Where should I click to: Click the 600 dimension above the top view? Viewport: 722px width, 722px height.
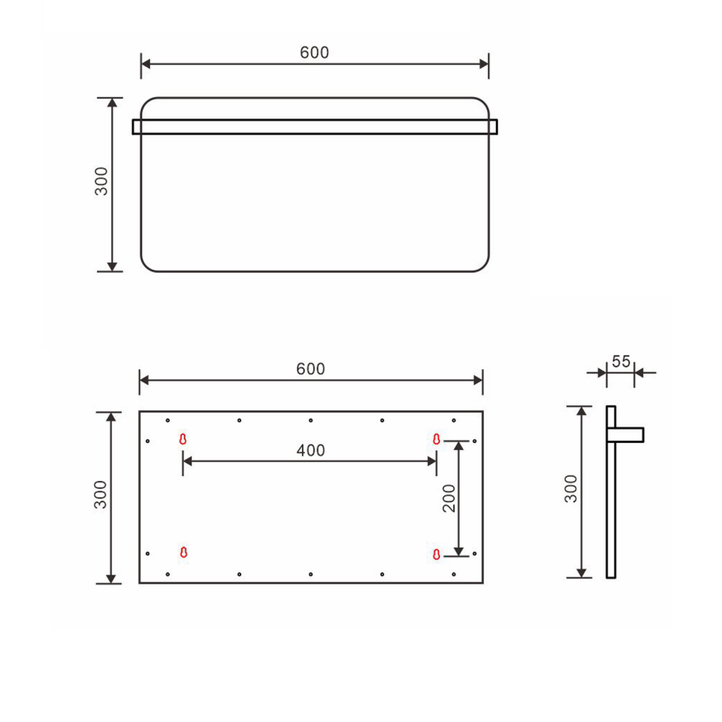pos(314,53)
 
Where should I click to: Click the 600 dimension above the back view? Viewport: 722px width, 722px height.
pos(311,369)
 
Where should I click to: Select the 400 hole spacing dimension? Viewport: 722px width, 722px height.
pos(311,451)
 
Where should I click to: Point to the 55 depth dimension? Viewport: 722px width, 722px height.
pos(620,362)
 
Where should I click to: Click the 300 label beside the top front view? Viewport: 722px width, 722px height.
pos(102,181)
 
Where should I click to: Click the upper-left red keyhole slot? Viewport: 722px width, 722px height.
pos(183,439)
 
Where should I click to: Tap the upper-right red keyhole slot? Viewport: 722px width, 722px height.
pos(436,439)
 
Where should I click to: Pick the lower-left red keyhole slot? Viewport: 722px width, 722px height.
pos(183,552)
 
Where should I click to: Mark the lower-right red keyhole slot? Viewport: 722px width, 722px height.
pos(436,553)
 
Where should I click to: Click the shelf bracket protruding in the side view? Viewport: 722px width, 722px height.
pos(630,435)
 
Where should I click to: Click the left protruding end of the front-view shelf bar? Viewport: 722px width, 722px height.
pos(136,126)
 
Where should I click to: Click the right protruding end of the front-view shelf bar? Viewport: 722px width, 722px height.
pos(494,126)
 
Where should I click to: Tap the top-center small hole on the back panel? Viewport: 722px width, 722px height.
pos(311,420)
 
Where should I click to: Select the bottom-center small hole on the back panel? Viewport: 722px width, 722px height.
pos(311,575)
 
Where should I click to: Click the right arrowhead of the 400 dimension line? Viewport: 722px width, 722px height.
pos(432,461)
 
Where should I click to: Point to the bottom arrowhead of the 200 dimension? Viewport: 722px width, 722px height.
pos(459,549)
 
